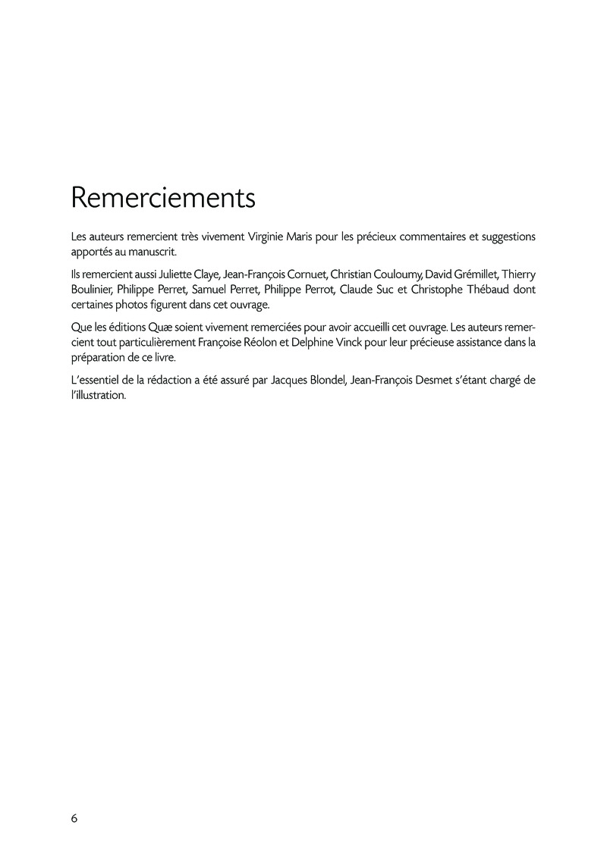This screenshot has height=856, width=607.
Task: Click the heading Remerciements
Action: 163,198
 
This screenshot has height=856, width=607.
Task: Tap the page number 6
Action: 74,818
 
